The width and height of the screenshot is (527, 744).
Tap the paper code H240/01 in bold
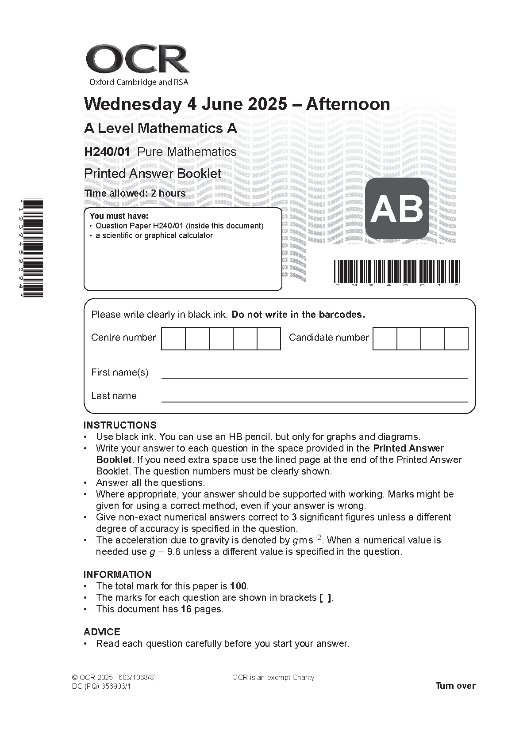(x=107, y=152)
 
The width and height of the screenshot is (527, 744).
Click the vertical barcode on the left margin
(x=34, y=248)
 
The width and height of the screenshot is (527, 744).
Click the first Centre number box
(x=173, y=338)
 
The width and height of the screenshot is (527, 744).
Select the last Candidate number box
(x=456, y=338)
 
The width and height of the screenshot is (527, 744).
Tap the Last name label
(x=114, y=396)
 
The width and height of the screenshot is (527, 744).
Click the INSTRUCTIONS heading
(x=120, y=425)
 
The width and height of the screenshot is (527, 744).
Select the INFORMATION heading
(x=117, y=574)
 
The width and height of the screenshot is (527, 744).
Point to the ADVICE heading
(x=102, y=632)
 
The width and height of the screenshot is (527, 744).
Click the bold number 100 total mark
(x=238, y=586)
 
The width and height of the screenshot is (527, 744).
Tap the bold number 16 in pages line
(x=186, y=609)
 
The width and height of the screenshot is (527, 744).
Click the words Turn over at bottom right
(x=455, y=686)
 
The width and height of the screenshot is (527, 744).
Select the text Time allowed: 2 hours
(x=135, y=194)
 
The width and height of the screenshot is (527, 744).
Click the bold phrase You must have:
(x=119, y=216)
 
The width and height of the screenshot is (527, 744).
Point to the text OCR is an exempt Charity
(x=273, y=677)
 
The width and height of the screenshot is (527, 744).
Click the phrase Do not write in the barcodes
(x=298, y=315)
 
